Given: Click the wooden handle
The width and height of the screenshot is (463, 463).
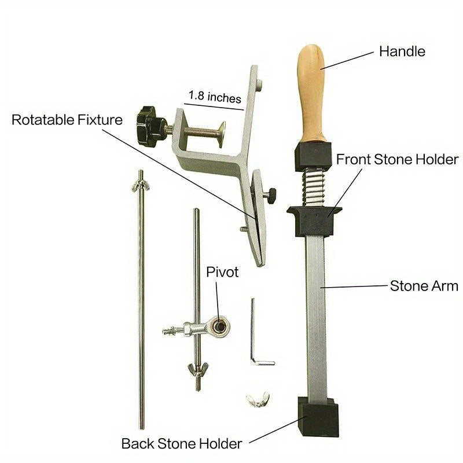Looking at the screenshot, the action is coord(311,94).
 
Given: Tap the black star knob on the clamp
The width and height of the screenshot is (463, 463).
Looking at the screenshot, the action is coord(150,126).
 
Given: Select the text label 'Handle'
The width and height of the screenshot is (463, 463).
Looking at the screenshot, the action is coord(402,52).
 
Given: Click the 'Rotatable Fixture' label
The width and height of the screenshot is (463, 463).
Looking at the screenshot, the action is coord(67,120).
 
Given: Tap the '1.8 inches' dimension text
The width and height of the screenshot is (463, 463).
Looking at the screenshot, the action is coord(215,96).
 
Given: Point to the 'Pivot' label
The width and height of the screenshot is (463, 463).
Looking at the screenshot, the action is coord(222,272).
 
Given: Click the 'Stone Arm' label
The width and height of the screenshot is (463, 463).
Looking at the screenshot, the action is coord(424,286).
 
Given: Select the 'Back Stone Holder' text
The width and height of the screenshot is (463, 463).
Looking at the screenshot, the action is coord(182,444).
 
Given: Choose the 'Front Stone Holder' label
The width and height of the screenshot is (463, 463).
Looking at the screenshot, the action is coord(397,160).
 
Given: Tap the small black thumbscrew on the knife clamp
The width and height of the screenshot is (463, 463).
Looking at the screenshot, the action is coord(270,195).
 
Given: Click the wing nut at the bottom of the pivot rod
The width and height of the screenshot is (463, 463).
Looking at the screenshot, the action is coord(198,369).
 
